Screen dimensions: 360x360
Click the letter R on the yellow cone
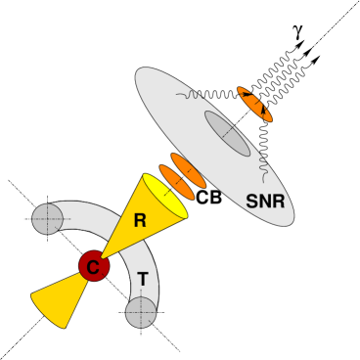[139, 221]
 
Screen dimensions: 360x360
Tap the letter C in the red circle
[94, 266]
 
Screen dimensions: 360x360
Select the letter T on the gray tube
[143, 280]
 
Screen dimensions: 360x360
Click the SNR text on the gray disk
[265, 202]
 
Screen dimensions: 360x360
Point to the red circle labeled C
[94, 265]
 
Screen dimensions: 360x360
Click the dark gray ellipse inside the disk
[227, 133]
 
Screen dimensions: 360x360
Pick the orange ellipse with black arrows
[254, 104]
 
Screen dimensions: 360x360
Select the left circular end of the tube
[47, 219]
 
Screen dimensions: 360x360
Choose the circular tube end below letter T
[141, 312]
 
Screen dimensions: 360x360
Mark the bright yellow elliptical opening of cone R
[164, 196]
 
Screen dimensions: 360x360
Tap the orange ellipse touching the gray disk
[189, 170]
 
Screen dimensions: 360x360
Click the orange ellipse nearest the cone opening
[176, 181]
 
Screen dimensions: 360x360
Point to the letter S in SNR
[251, 202]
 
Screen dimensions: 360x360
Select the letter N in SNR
[264, 202]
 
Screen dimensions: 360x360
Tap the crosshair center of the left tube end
[47, 219]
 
